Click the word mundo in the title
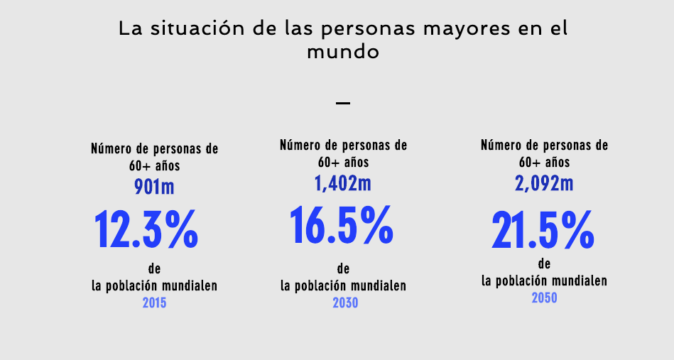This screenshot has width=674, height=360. coord(343,53)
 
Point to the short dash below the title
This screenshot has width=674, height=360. coord(343,104)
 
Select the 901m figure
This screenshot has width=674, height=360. coord(154,187)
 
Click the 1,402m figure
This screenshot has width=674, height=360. coord(343,183)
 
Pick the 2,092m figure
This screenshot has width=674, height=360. coord(544,183)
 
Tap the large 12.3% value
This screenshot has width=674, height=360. coord(146,229)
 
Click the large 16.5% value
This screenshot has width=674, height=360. coord(342,224)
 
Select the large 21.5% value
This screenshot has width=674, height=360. coord(543,229)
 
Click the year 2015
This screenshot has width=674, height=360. coord(155,303)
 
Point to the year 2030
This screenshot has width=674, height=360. coord(345,303)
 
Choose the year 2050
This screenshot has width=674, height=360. coord(544,298)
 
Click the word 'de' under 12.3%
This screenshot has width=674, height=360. coord(154,268)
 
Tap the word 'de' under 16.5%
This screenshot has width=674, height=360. coord(344,268)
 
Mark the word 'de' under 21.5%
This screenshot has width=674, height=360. coord(545,263)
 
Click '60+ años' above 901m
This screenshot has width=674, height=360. coord(154,167)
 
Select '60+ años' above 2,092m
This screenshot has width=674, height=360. coord(544,163)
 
